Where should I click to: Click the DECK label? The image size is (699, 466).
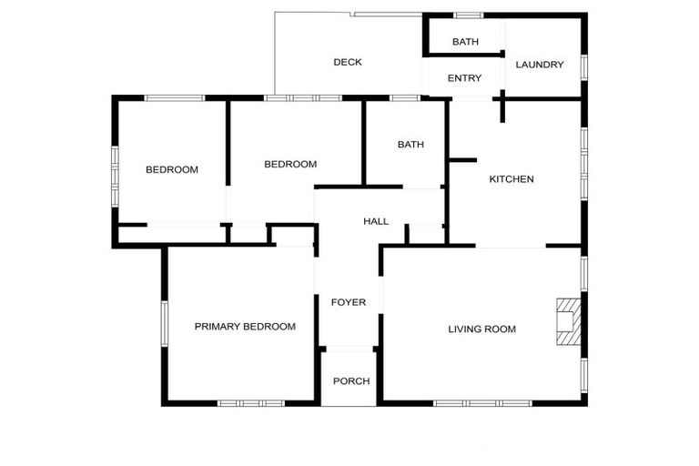pos(348,63)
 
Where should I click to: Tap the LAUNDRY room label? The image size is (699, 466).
pos(540,65)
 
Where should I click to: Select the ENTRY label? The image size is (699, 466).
pos(464,78)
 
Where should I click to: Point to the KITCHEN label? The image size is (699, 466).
pos(512,179)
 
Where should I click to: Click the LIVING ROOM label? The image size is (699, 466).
pos(481,329)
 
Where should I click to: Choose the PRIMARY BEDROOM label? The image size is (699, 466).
pos(245,327)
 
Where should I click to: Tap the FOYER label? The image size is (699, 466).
pos(348,302)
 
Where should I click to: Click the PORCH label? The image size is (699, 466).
pos(351,380)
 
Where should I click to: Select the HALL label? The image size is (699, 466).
pos(376,221)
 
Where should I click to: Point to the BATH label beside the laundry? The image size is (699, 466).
pos(465,42)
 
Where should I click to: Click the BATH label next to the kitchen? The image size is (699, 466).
pos(410,145)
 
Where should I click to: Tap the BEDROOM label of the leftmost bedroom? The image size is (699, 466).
pos(172,169)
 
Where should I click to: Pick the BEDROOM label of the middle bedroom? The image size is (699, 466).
pos(290,165)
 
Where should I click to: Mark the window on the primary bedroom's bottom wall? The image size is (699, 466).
pos(244,403)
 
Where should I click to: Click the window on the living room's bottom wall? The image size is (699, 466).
pos(481,403)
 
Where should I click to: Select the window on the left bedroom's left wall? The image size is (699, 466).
pos(115,167)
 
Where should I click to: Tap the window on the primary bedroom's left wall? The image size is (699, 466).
pos(164,323)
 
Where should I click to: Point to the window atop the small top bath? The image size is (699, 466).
pos(468,15)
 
